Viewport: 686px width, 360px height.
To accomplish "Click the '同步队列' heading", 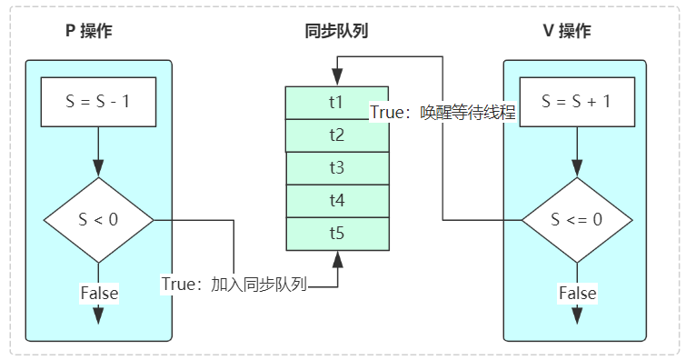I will (336, 31).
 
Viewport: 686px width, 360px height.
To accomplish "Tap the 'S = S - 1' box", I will (99, 102).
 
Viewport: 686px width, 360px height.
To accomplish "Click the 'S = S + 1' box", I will (575, 102).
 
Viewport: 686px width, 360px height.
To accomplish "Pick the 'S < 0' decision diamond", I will (99, 220).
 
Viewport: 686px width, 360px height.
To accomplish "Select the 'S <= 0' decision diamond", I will (575, 220).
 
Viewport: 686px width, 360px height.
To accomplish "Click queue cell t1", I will (336, 102).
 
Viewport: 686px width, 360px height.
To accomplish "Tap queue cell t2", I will (336, 135).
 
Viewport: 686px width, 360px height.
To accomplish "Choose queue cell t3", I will (336, 167).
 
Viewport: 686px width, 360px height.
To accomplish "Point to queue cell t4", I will (336, 200).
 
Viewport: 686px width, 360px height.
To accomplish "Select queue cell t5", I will (336, 233).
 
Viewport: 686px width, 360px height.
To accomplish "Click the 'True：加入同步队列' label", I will (235, 284).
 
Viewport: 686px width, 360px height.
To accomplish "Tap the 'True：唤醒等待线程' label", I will (442, 113).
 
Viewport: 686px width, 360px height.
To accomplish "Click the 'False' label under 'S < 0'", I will (99, 293).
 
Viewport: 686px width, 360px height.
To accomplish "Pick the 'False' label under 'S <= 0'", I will (577, 293).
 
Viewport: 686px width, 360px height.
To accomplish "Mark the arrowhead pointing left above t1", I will (334, 66).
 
